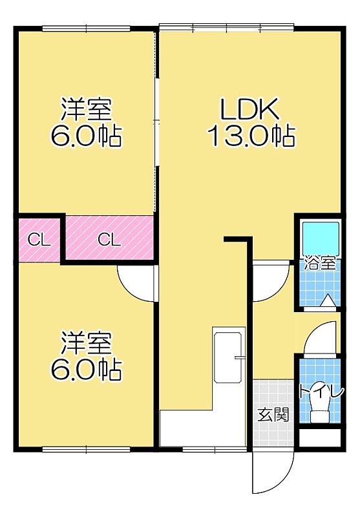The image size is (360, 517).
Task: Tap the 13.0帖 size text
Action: pos(251,136)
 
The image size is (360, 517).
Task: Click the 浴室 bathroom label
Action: pos(320,263)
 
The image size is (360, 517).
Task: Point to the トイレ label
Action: pos(321,392)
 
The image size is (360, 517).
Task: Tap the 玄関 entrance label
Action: pos(273,414)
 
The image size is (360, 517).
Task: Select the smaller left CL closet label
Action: pos(39,240)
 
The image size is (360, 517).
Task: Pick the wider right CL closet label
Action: pos(109,240)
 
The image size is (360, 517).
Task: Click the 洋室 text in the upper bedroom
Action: pos(87,109)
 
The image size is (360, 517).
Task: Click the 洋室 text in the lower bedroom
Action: pos(87,344)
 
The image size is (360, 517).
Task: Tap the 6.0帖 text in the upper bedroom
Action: pos(87,136)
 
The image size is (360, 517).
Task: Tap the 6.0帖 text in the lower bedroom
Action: pos(87,370)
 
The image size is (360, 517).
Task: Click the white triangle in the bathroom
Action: pos(328,301)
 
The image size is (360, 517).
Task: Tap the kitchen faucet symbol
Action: pos(239,357)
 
